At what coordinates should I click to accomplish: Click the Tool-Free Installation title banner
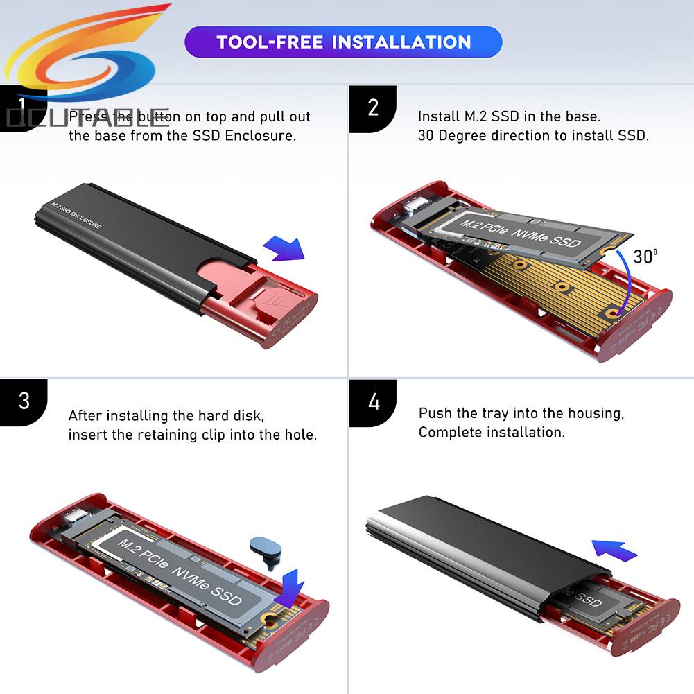pyautogui.click(x=343, y=42)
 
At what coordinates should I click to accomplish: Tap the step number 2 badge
pyautogui.click(x=372, y=108)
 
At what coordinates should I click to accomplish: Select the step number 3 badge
pyautogui.click(x=24, y=401)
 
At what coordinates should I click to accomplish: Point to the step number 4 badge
pyautogui.click(x=373, y=401)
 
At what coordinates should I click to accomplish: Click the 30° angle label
pyautogui.click(x=645, y=256)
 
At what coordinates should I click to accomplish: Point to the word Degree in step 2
pyautogui.click(x=463, y=135)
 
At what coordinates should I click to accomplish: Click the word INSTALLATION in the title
pyautogui.click(x=401, y=42)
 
